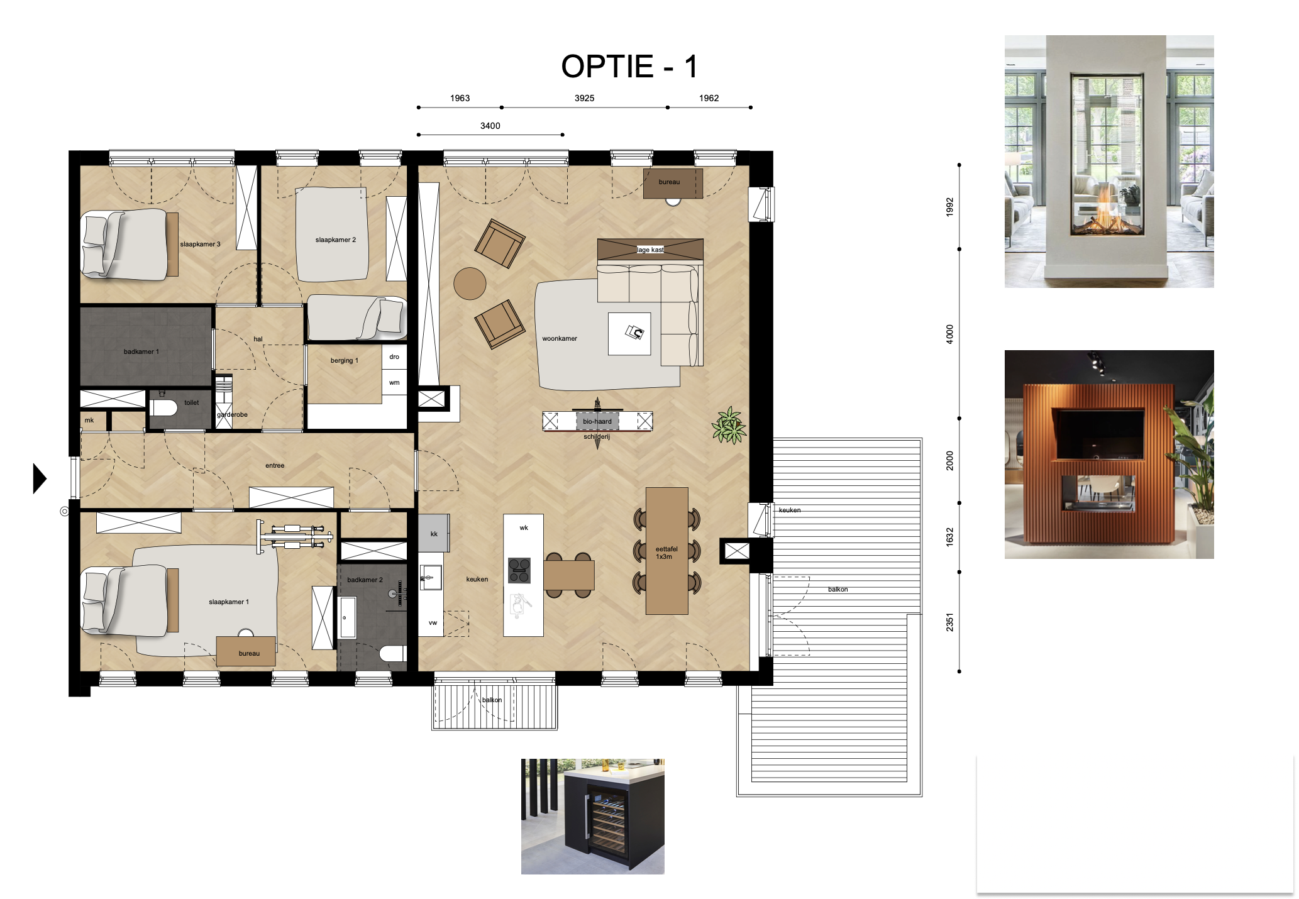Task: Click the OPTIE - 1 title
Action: click(629, 67)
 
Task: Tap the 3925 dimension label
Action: click(584, 98)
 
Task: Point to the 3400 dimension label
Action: click(490, 126)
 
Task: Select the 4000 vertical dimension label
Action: click(949, 333)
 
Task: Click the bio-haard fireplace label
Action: click(597, 421)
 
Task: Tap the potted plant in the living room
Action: click(729, 426)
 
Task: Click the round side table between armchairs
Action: click(470, 284)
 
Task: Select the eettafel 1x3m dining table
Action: click(666, 551)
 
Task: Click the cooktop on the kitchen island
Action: click(519, 570)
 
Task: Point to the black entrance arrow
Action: click(40, 478)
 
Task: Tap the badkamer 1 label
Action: click(141, 351)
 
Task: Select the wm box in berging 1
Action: click(394, 382)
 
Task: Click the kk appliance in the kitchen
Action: click(434, 533)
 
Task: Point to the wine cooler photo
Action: click(592, 816)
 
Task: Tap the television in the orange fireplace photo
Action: click(1099, 433)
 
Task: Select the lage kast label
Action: click(650, 250)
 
